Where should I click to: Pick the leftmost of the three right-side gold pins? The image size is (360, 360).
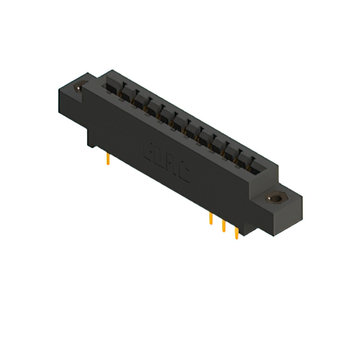click(x=210, y=219)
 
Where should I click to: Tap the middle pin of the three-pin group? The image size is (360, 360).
click(x=223, y=225)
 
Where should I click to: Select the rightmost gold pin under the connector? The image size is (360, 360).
click(x=236, y=232)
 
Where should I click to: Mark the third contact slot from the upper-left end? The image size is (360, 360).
click(x=138, y=99)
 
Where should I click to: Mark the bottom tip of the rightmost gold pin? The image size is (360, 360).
click(x=236, y=238)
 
